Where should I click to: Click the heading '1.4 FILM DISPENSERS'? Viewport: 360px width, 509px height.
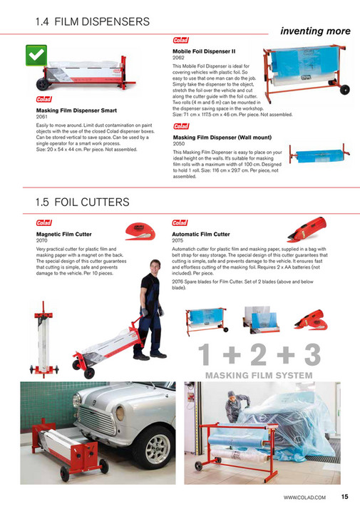click(93, 22)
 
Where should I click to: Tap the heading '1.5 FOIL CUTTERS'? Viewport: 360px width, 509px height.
click(83, 202)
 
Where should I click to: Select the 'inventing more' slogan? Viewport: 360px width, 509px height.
click(315, 31)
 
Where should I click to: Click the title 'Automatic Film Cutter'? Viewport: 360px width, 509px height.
click(201, 234)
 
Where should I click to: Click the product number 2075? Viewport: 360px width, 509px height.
click(178, 240)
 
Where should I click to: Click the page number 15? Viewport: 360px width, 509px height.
click(344, 497)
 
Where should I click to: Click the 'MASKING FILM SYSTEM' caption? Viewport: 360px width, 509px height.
click(258, 375)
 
